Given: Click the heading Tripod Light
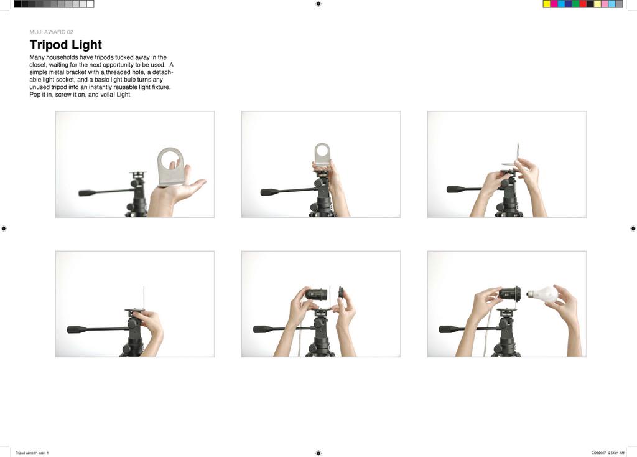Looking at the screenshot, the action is pyautogui.click(x=65, y=45).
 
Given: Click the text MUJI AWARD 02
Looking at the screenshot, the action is pyautogui.click(x=51, y=32).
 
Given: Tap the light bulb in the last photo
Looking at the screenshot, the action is pyautogui.click(x=542, y=293).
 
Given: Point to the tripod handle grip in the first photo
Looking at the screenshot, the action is pyautogui.click(x=87, y=193).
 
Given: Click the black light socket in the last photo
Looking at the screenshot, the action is pyautogui.click(x=510, y=293).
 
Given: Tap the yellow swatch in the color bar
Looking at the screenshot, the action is pyautogui.click(x=547, y=4).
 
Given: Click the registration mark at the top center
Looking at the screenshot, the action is pyautogui.click(x=318, y=4).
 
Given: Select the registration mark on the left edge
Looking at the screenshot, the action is pyautogui.click(x=4, y=228).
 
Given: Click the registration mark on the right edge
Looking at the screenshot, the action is pyautogui.click(x=633, y=228).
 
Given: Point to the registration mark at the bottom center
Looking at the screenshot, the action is pyautogui.click(x=318, y=453).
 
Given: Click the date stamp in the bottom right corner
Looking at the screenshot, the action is pyautogui.click(x=608, y=453).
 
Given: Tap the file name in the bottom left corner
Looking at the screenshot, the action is pyautogui.click(x=32, y=453).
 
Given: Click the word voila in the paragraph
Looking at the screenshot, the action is pyautogui.click(x=108, y=95).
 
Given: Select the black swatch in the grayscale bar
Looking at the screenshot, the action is pyautogui.click(x=17, y=4).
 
